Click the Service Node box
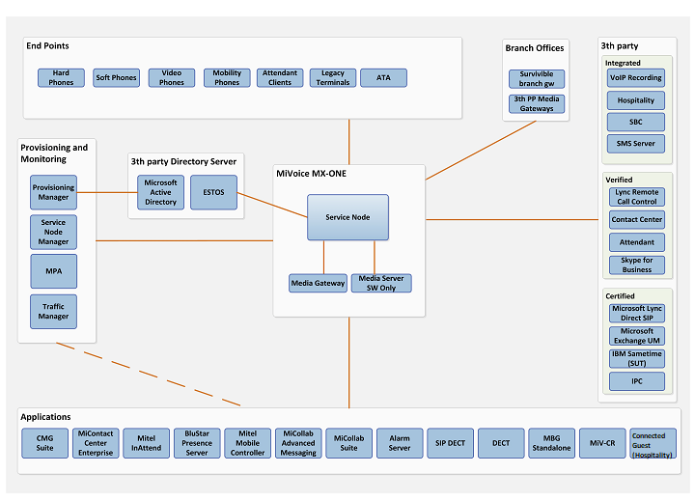click(347, 217)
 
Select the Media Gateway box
click(318, 283)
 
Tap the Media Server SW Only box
click(380, 283)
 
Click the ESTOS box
click(213, 191)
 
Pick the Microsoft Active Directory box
click(161, 191)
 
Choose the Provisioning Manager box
click(53, 192)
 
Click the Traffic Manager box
click(53, 312)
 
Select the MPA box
click(53, 271)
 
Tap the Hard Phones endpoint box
click(61, 78)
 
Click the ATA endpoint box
click(383, 78)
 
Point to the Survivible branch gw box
click(537, 79)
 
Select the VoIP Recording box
click(636, 78)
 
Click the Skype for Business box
click(636, 265)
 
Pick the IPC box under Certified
click(636, 381)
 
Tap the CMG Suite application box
click(45, 443)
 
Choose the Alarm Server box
click(400, 443)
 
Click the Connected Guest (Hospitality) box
click(653, 443)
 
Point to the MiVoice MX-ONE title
click(311, 174)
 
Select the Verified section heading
click(619, 180)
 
